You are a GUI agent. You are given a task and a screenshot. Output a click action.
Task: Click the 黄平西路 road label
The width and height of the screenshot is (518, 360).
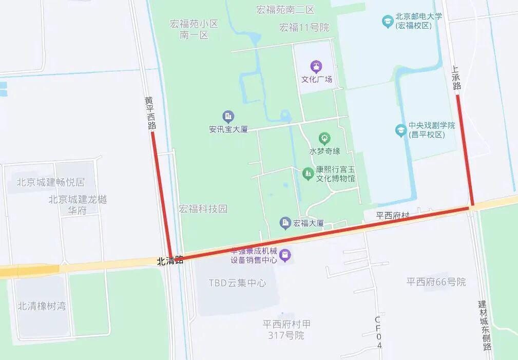coord(150,113)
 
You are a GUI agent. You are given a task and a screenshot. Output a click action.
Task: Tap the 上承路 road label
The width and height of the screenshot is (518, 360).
coord(456,77)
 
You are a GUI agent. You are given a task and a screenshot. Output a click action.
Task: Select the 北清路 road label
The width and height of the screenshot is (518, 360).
coord(170,261)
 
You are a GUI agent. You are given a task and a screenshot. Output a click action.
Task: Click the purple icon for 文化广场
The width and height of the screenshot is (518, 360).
coord(317,66)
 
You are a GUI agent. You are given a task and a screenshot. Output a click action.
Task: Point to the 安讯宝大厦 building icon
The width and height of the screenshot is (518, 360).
coord(228,117)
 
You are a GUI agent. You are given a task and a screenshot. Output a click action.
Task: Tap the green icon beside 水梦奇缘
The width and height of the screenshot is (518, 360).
coord(324,138)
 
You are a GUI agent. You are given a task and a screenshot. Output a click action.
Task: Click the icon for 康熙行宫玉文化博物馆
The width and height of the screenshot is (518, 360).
coord(308,174)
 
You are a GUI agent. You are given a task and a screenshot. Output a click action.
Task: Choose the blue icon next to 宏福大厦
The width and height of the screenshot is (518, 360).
coord(285,223)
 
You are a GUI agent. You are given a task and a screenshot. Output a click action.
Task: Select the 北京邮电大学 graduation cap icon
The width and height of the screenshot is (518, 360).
coord(388,21)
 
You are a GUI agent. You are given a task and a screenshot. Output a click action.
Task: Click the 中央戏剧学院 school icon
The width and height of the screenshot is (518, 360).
coord(401,130)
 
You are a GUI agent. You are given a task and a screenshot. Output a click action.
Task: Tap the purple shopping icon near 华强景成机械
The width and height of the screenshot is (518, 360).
coord(285,255)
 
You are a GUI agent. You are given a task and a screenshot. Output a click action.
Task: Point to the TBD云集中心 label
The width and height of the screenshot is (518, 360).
coord(237,282)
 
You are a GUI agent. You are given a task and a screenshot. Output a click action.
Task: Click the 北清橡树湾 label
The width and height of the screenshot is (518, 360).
coord(42,306)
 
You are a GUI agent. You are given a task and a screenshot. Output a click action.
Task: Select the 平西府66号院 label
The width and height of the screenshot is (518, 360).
coord(436,281)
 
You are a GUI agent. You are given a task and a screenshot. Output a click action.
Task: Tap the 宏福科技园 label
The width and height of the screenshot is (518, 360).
coord(203,209)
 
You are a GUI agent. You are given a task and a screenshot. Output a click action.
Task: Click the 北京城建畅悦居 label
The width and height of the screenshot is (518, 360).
coord(50,182)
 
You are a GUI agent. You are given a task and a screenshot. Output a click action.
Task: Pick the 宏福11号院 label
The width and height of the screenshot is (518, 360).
coord(304,27)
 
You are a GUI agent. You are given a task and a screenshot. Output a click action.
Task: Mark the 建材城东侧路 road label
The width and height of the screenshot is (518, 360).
coord(485,326)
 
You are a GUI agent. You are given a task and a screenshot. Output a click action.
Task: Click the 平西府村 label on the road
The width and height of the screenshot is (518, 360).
coord(393,216)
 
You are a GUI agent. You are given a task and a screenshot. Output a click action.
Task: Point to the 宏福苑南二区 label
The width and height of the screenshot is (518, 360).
coord(285,10)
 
